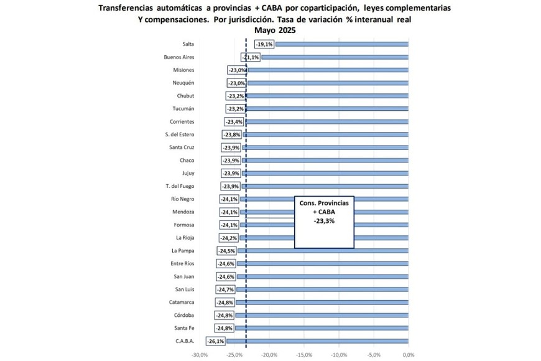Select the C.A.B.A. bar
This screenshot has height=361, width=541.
pos(317,341)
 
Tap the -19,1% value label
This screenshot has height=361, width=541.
pos(264,44)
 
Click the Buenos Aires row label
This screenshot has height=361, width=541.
pos(179,57)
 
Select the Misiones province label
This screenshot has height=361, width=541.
pos(183,70)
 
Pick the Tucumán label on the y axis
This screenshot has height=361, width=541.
pos(183,109)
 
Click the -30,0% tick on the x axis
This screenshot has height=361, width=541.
pos(199,355)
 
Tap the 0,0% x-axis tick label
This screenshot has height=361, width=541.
pos(408,355)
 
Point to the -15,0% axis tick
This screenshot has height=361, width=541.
pos(303,355)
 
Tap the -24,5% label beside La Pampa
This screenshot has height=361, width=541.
pos(225,251)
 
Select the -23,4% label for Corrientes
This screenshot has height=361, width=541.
pos(234,122)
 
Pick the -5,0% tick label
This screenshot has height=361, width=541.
pos(373,355)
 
